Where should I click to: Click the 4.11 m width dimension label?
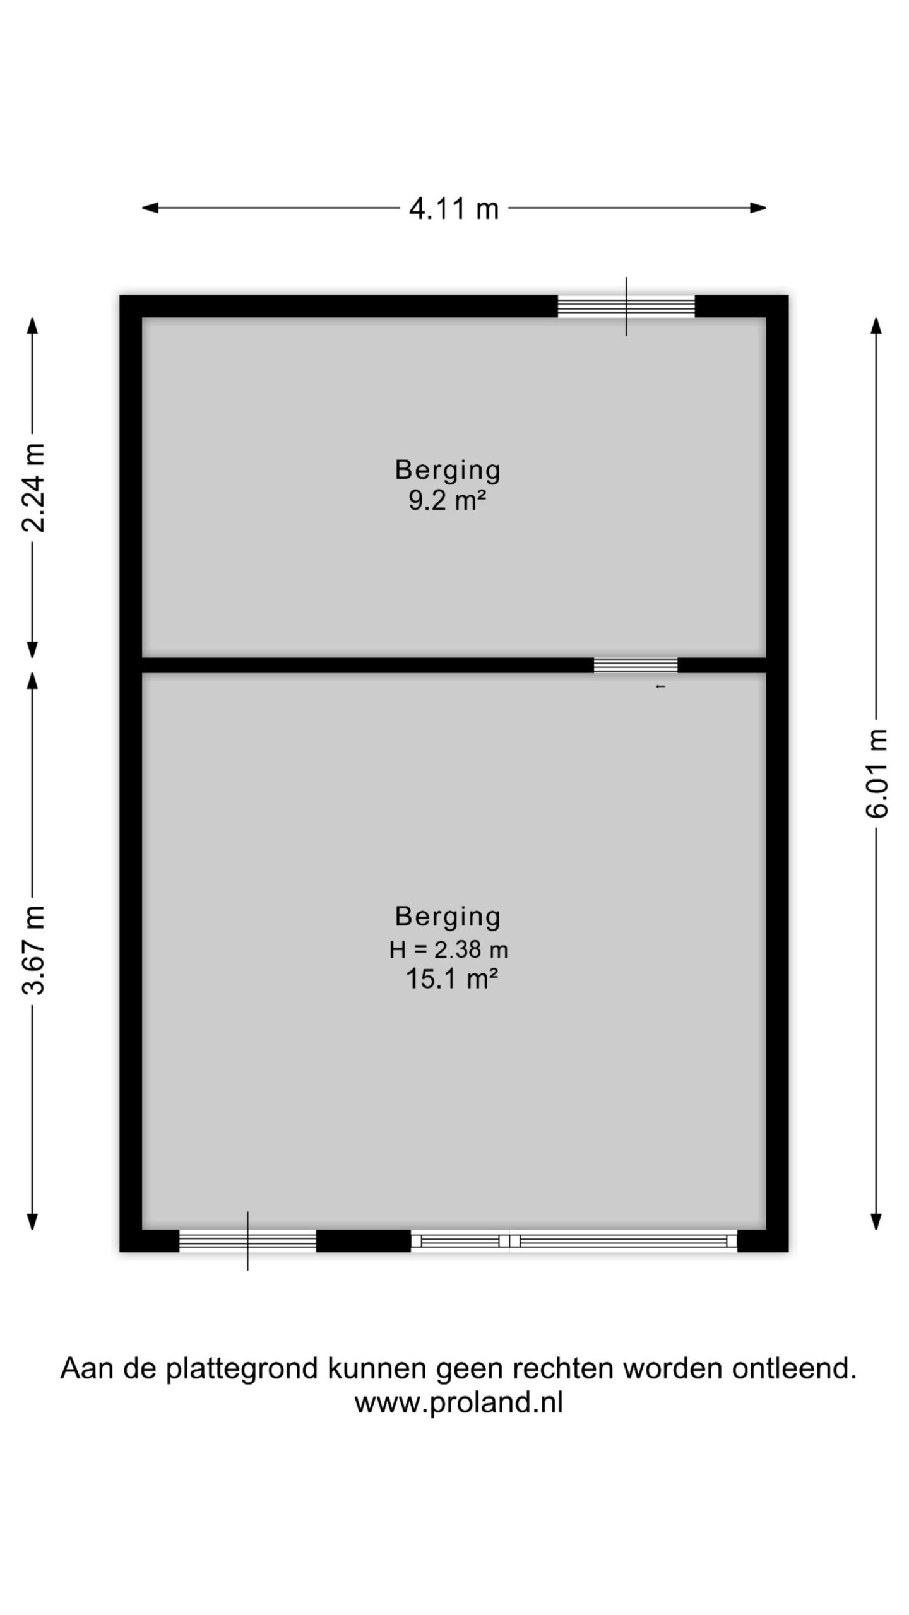pyautogui.click(x=454, y=208)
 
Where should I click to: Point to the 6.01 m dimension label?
pyautogui.click(x=876, y=773)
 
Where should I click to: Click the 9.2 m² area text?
pyautogui.click(x=448, y=501)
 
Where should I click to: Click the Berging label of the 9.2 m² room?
pyautogui.click(x=448, y=471)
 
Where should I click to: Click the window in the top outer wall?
pyautogui.click(x=626, y=307)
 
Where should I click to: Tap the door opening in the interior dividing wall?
pyautogui.click(x=636, y=666)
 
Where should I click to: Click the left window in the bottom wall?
pyautogui.click(x=247, y=1241)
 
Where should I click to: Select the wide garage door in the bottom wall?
pyautogui.click(x=574, y=1241)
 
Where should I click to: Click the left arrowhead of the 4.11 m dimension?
pyautogui.click(x=150, y=208)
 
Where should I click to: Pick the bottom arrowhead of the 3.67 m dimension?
pyautogui.click(x=33, y=1222)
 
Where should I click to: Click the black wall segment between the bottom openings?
pyautogui.click(x=364, y=1241)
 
